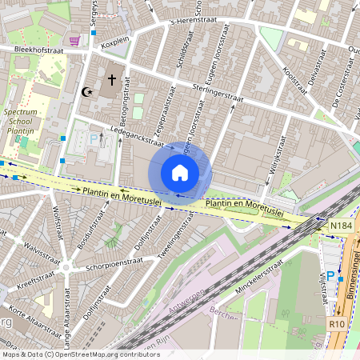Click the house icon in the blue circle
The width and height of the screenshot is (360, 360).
[x=180, y=173]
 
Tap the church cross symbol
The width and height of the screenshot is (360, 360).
[x=112, y=80]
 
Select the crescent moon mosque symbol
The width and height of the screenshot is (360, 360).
[x=87, y=92]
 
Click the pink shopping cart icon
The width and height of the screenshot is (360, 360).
[x=74, y=41]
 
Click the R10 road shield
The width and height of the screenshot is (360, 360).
[x=337, y=326]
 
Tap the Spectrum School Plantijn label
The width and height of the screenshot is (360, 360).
[x=21, y=121]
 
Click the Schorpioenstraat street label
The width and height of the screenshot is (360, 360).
[x=114, y=263]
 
